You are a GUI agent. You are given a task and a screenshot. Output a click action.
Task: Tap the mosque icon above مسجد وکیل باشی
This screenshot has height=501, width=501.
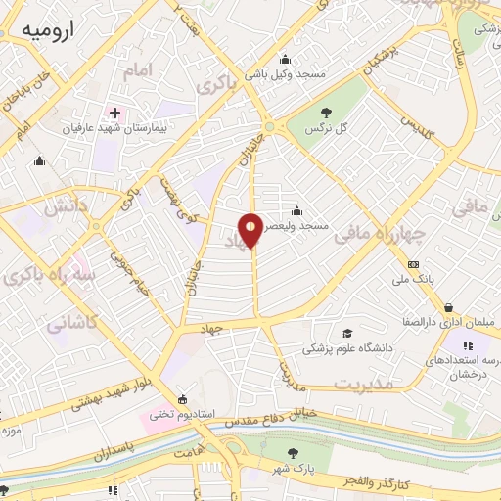(286, 56)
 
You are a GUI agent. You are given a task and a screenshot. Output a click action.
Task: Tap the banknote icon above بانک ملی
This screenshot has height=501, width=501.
(414, 264)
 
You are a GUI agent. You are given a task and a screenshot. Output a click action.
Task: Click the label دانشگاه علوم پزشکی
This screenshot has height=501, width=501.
(350, 348)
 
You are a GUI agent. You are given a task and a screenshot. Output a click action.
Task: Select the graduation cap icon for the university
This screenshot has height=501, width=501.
(349, 333)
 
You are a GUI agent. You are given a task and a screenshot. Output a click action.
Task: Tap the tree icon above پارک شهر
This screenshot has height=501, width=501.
(293, 452)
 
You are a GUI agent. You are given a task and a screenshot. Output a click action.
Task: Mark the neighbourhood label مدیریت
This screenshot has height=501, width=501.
(363, 384)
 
